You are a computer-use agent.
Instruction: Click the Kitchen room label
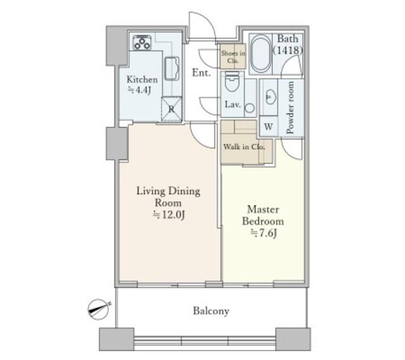click(142, 79)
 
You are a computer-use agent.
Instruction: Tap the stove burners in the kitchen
click(142, 42)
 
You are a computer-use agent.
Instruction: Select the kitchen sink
click(172, 68)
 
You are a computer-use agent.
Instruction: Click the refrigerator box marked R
click(171, 109)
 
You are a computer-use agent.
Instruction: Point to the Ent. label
click(201, 73)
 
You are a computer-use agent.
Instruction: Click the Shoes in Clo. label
click(233, 57)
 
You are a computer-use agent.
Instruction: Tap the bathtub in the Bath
click(261, 53)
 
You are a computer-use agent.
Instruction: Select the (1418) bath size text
click(288, 50)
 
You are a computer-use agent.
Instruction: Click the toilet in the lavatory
click(232, 82)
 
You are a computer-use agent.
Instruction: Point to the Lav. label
click(233, 104)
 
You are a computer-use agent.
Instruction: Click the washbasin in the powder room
click(270, 97)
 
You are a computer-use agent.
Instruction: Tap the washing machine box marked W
click(268, 127)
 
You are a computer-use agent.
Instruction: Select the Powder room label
click(290, 108)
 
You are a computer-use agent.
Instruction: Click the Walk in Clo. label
click(244, 147)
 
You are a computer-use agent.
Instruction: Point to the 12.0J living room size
click(169, 215)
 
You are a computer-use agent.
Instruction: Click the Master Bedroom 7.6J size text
click(263, 233)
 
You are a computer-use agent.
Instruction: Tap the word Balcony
click(211, 311)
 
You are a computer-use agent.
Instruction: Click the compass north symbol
click(99, 309)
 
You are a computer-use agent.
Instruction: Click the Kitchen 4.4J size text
click(139, 90)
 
